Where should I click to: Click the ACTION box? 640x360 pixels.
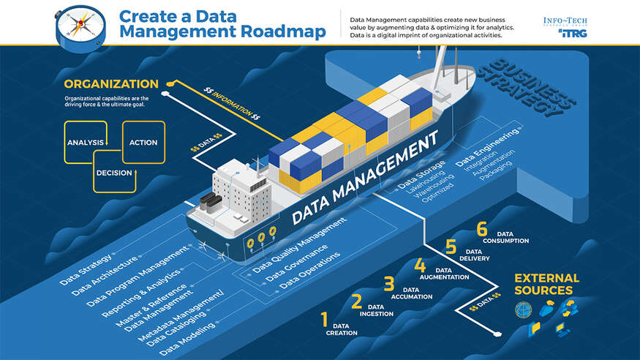click(143, 142)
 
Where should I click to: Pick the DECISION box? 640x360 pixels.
click(114, 173)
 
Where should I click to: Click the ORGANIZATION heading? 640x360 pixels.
click(110, 83)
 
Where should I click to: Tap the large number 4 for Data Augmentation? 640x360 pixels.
click(420, 265)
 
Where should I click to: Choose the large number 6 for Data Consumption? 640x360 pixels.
click(481, 229)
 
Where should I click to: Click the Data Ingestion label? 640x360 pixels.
click(375, 310)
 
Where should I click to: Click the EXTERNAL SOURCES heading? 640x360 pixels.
click(546, 284)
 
